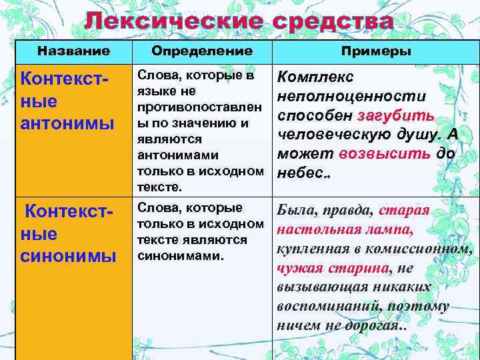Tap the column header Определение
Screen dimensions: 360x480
201,51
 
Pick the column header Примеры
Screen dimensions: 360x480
376,51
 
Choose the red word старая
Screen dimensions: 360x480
404,210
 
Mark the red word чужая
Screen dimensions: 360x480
299,268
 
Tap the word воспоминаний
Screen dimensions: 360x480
319,307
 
